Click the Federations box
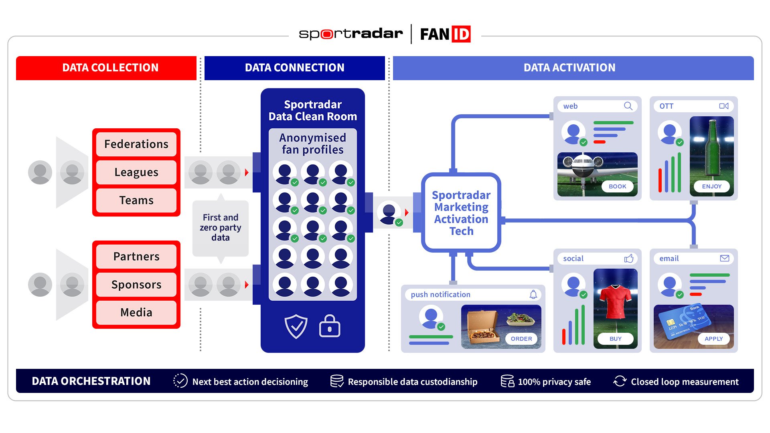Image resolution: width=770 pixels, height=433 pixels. [x=136, y=144]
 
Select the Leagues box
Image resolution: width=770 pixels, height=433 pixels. [x=136, y=172]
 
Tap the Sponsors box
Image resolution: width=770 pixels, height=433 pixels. [x=136, y=284]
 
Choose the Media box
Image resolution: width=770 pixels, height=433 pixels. [x=136, y=312]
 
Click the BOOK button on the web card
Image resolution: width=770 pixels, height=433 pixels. [x=617, y=186]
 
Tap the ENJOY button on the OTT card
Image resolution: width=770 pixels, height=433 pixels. [x=711, y=186]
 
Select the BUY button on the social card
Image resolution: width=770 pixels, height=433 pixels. [x=615, y=339]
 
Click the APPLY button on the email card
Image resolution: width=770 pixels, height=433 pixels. [x=713, y=339]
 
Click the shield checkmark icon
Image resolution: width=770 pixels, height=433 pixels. [x=296, y=326]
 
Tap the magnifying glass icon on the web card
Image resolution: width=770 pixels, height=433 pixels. [x=628, y=106]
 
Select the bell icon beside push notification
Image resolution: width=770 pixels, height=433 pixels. [x=533, y=295]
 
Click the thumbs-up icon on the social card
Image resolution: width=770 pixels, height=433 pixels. [x=629, y=259]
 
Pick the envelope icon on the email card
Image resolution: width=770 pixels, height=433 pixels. [x=724, y=259]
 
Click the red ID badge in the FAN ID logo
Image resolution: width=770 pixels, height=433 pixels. [x=461, y=34]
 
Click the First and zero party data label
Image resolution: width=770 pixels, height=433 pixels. [x=221, y=227]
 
